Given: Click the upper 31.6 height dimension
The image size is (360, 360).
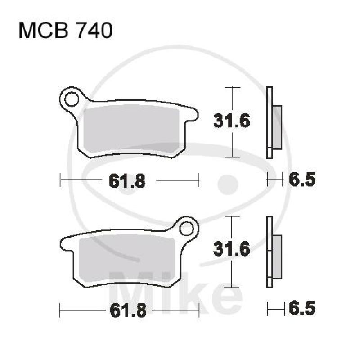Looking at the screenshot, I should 231,121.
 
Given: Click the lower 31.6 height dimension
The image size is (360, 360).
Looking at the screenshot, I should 231,250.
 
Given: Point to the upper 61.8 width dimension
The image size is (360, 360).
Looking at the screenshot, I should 127,181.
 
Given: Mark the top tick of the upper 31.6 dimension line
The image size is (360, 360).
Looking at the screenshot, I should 231,86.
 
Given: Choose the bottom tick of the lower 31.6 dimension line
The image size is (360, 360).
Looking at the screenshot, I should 231,287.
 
